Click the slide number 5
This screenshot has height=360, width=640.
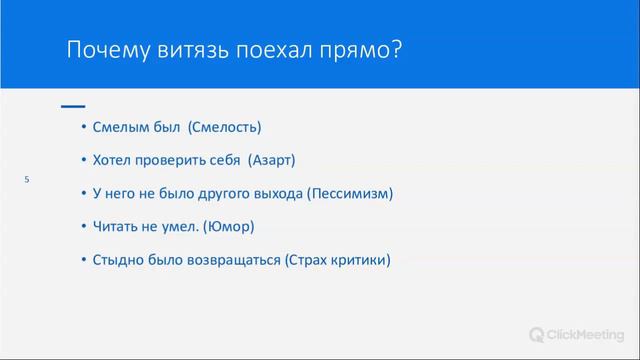(26, 180)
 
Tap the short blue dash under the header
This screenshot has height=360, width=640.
(73, 105)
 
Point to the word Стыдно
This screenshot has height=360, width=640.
(118, 260)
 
